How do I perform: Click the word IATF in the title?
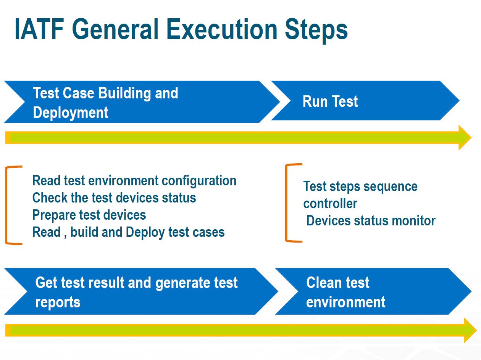(x=39, y=29)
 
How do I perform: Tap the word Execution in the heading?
(x=222, y=29)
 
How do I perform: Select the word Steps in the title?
(x=316, y=31)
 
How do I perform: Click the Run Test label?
(x=330, y=101)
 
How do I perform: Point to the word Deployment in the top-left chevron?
(x=71, y=113)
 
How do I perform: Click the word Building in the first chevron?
(x=125, y=93)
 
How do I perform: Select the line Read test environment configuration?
(x=134, y=181)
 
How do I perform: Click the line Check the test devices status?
(x=114, y=198)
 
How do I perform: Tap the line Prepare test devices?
(x=89, y=215)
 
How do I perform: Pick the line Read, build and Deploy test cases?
(x=128, y=232)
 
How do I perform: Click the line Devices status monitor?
(x=371, y=220)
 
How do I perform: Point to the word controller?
(x=330, y=204)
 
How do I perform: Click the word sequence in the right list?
(x=391, y=187)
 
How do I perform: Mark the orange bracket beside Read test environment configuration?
(x=6, y=205)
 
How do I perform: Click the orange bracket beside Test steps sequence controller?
(x=286, y=203)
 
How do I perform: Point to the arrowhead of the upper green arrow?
(x=465, y=138)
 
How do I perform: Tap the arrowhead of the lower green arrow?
(x=470, y=330)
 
